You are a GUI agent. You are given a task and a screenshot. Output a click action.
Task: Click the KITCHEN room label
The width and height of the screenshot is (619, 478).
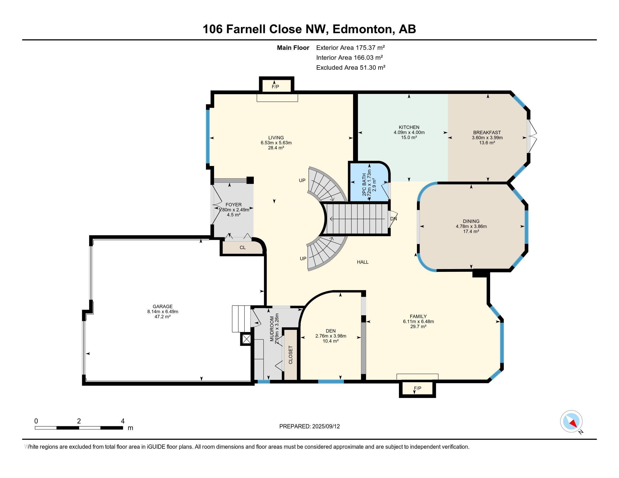pos(409,127)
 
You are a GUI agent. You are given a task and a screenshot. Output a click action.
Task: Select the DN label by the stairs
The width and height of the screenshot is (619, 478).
pos(393,219)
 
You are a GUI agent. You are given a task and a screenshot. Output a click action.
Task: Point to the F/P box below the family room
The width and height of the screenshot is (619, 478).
pos(417,389)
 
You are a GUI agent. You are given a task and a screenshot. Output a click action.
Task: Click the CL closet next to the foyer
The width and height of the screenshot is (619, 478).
pos(243,247)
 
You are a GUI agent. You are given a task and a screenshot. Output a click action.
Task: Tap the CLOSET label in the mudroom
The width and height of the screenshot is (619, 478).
pos(291,355)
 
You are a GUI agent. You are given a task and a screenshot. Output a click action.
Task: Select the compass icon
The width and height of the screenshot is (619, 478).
pos(571,421)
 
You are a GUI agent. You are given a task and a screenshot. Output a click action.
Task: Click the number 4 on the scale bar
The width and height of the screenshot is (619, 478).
pos(122,421)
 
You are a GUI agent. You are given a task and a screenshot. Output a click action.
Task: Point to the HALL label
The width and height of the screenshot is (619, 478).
pos(362,262)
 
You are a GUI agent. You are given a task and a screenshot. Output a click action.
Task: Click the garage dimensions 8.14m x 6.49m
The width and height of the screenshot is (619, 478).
pos(162,312)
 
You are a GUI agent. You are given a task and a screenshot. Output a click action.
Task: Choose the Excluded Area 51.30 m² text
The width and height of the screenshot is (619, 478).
pos(351,67)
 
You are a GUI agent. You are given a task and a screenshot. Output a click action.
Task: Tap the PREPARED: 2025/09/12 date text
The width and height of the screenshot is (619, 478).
pos(309,427)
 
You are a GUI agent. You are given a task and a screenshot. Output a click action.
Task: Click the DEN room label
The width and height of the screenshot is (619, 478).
pos(331,331)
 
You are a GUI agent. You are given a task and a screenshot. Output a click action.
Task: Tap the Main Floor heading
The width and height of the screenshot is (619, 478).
pos(293,48)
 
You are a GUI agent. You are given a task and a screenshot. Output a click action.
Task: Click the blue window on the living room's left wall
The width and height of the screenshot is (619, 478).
pos(207,137)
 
